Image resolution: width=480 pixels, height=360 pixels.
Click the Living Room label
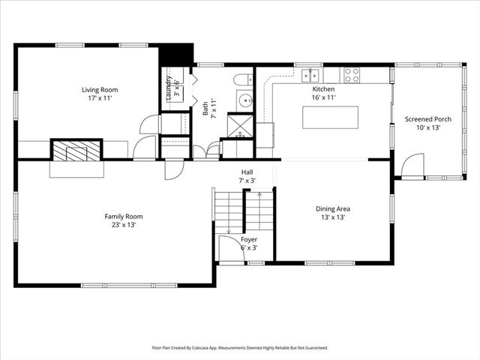[x=100, y=90]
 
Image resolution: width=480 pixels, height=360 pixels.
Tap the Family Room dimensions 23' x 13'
[x=123, y=224]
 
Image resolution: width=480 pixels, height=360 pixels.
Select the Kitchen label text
[x=323, y=89]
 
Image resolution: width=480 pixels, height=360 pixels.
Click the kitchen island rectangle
[x=330, y=118]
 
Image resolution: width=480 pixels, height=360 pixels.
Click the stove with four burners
[x=351, y=74]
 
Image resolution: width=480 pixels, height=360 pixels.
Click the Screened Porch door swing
[x=412, y=165]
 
